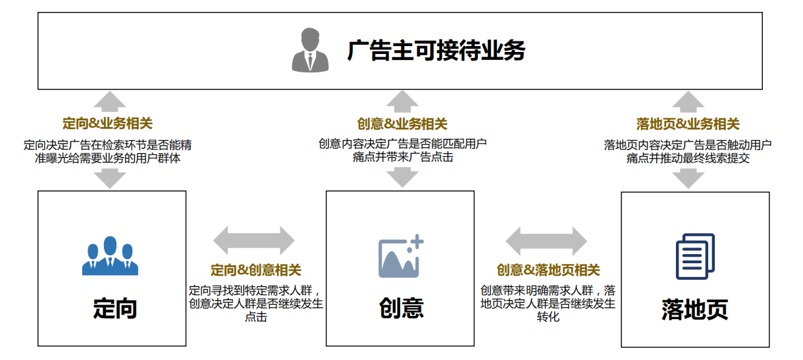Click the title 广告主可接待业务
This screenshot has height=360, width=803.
click(436, 51)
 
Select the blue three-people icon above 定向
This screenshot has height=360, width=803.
click(111, 256)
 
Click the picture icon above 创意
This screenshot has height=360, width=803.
click(400, 256)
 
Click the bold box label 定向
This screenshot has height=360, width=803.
click(115, 308)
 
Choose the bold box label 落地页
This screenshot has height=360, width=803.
click(695, 309)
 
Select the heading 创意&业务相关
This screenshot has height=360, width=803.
click(402, 124)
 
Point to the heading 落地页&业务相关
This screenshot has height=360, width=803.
click(688, 124)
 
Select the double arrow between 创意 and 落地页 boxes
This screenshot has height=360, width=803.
click(546, 241)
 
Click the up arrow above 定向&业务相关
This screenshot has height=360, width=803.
click(110, 101)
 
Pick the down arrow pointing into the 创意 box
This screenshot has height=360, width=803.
click(402, 177)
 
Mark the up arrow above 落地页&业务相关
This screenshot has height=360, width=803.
click(688, 101)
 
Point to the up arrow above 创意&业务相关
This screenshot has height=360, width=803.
click(402, 101)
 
